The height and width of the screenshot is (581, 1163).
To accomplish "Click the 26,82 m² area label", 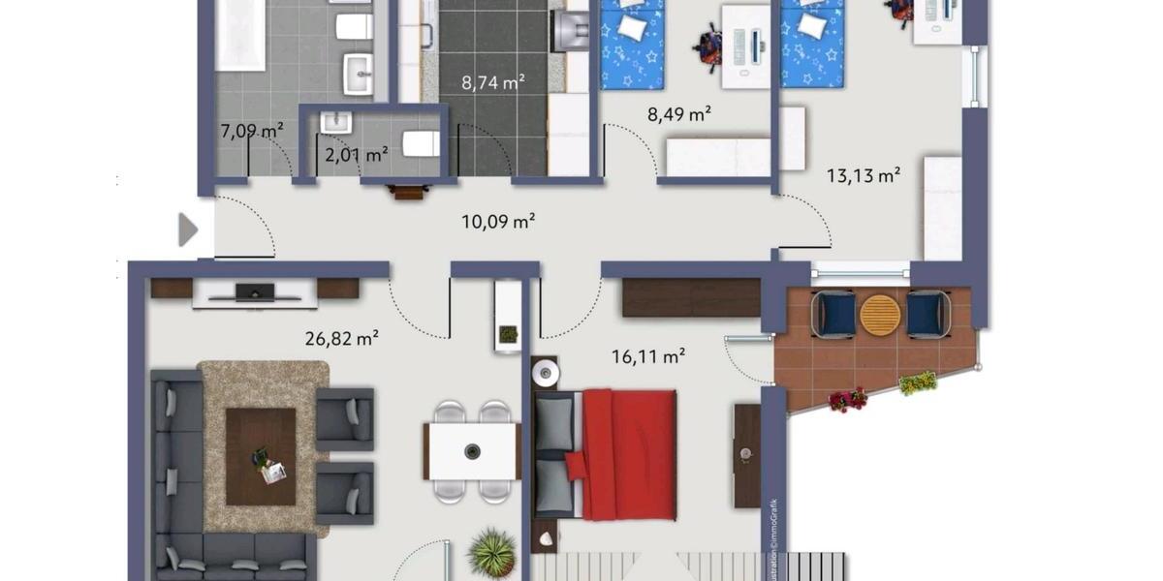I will [340, 338].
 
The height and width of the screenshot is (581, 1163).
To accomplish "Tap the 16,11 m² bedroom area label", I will [648, 356].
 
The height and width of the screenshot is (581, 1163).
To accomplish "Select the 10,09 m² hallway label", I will [498, 222].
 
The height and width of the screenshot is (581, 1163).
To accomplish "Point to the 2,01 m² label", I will [355, 152].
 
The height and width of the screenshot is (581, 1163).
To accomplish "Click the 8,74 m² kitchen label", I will [493, 82].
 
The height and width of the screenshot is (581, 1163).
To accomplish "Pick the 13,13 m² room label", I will [864, 175].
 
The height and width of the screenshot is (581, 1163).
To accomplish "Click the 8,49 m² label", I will [679, 113].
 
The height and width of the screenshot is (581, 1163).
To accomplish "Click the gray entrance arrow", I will [188, 230].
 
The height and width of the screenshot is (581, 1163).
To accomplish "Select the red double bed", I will [625, 453].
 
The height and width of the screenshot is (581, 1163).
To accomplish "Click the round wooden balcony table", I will [881, 315].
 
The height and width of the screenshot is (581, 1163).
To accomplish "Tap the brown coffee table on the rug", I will [261, 456].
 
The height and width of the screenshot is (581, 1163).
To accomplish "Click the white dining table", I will [472, 451].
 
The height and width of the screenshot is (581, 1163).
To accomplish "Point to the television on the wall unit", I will [254, 290].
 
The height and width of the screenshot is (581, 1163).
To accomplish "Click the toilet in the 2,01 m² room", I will [420, 145].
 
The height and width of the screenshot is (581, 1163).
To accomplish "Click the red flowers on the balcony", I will [847, 398].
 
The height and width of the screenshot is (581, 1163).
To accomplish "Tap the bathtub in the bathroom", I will [240, 34].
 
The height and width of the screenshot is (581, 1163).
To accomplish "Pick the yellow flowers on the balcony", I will [917, 382].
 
